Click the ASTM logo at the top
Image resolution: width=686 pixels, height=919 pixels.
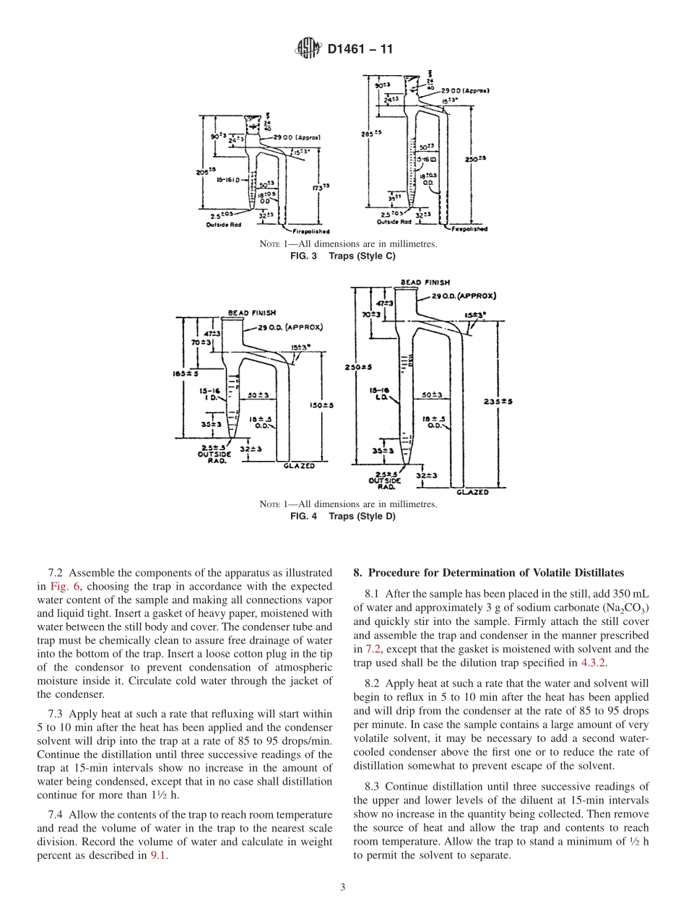tap(308, 49)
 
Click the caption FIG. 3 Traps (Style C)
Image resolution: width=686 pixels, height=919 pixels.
tap(342, 256)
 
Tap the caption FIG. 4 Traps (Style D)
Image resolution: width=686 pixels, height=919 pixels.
tap(342, 516)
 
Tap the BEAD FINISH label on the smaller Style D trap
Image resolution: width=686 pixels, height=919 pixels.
tap(248, 313)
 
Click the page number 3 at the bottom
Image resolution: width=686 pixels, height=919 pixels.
tap(343, 888)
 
